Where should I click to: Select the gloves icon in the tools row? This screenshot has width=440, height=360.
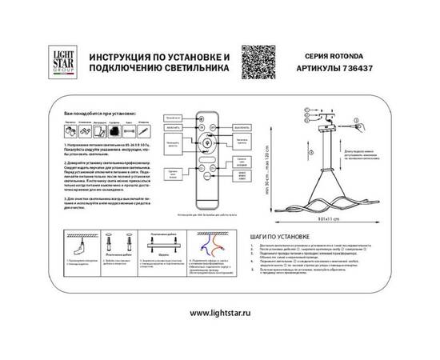pos(71,130)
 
